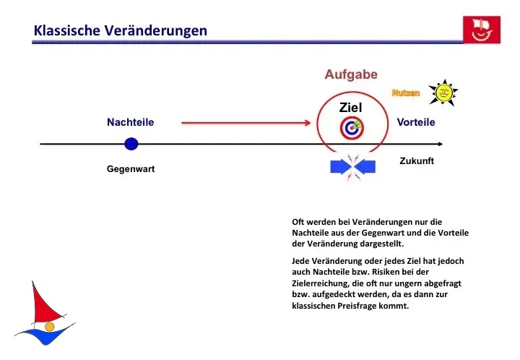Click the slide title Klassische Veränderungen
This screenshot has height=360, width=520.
pos(121,30)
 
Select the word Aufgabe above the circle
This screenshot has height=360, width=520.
pos(351,74)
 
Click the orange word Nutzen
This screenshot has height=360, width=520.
pos(406,93)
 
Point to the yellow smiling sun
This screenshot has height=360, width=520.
pos(443,93)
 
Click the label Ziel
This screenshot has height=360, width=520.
pos(350,108)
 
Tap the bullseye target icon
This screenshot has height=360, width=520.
pos(352,129)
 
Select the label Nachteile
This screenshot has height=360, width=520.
pos(131,122)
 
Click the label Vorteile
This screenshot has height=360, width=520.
pos(416,122)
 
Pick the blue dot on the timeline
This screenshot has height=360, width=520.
pos(131,144)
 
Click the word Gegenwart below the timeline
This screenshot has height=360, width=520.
pos(131,168)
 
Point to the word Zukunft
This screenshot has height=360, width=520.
pos(417,160)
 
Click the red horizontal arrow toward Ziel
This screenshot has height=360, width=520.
pos(246,123)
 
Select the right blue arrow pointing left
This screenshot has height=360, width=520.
pos(365,167)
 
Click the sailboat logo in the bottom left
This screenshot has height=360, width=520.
pos(45,314)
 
